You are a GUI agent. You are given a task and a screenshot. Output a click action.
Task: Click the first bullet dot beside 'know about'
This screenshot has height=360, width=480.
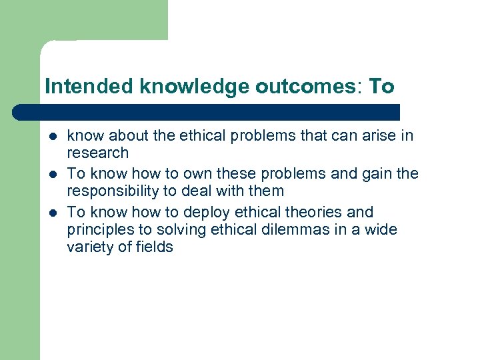[x=52, y=137]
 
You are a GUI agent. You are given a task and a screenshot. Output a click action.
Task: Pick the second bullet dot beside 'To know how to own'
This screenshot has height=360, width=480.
[x=52, y=175]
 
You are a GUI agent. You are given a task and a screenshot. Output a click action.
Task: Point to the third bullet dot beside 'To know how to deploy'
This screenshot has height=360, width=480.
[x=52, y=213]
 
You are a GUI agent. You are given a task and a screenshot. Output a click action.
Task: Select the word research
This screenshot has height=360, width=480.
[x=97, y=153]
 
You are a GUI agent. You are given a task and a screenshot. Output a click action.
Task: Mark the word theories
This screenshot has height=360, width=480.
[x=301, y=212]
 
